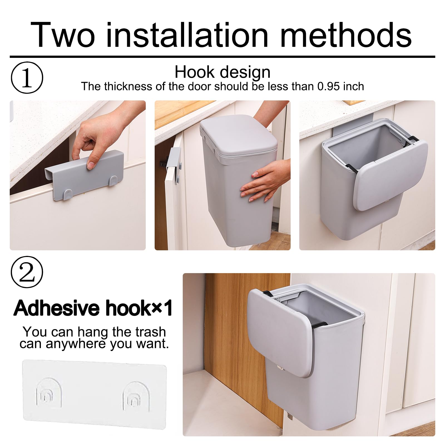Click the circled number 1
click(27, 78)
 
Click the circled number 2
click(27, 272)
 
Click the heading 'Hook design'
click(222, 72)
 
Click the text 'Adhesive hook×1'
click(93, 308)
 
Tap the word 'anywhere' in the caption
click(76, 344)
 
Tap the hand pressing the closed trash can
click(264, 181)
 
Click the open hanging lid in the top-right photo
click(391, 175)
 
